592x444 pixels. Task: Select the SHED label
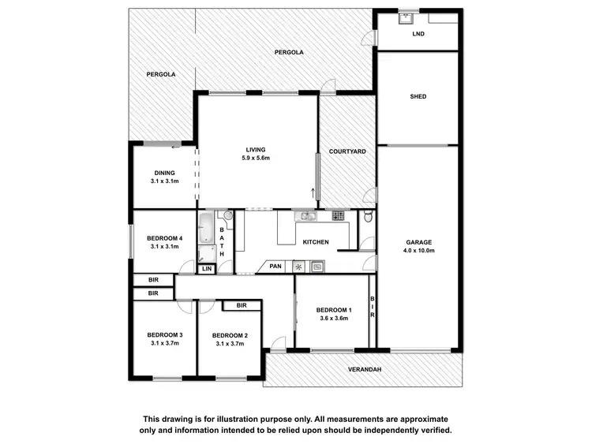(x=418, y=97)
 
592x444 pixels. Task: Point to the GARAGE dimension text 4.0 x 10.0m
(x=420, y=251)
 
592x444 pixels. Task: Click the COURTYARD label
(x=347, y=151)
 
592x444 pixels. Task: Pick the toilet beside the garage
(x=368, y=218)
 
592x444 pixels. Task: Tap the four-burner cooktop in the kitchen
(x=338, y=215)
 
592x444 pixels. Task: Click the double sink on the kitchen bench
(x=305, y=215)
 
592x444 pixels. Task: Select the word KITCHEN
(x=316, y=242)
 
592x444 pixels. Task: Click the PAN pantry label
(x=275, y=267)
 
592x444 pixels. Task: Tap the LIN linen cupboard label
(x=206, y=269)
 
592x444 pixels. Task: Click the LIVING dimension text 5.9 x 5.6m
(x=256, y=159)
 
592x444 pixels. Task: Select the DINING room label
(x=164, y=173)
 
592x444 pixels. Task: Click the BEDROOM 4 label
(x=164, y=238)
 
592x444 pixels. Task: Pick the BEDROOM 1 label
(x=333, y=310)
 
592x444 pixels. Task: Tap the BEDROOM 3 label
(x=164, y=335)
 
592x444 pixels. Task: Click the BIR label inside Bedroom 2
(x=242, y=305)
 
